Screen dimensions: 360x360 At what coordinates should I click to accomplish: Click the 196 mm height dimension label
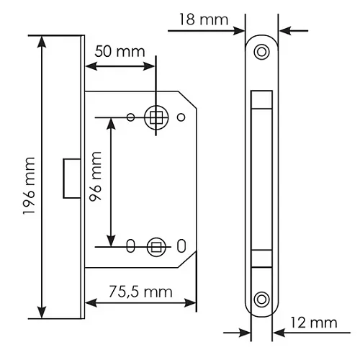30,186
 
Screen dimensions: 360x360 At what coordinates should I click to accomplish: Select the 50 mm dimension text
120,51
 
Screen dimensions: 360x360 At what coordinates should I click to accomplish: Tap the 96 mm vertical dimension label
96,176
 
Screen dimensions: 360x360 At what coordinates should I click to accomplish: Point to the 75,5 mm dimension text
140,292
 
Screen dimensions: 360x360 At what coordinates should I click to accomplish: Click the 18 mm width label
204,19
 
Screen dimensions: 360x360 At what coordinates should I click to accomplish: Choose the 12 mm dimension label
314,323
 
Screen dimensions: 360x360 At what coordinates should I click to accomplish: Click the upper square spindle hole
156,117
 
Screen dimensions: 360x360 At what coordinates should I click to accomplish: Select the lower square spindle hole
156,247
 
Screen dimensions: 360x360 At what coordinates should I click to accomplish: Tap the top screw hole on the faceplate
261,52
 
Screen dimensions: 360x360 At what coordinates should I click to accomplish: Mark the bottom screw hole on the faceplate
261,300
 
